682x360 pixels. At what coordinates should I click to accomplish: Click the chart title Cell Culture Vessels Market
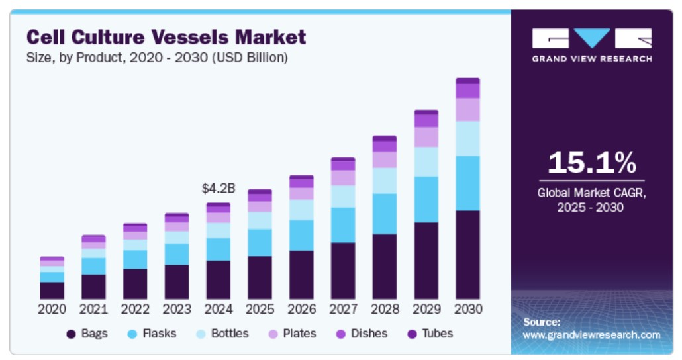point(166,36)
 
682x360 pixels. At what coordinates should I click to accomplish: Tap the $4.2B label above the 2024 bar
point(219,189)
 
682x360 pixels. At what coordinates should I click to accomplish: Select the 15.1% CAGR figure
point(591,163)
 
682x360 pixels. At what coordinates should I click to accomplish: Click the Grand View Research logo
point(591,45)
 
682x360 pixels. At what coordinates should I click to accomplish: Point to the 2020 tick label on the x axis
point(52,310)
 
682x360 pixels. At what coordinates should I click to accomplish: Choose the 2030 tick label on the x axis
point(467,310)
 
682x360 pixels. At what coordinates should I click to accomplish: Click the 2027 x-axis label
point(343,310)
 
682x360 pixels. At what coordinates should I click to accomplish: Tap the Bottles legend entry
point(222,334)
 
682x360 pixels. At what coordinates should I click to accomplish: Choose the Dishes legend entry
point(362,334)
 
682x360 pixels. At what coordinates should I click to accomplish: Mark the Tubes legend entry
point(430,334)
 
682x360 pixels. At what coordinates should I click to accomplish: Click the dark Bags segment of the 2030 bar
point(467,255)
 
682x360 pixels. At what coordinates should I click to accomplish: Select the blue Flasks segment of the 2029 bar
point(426,199)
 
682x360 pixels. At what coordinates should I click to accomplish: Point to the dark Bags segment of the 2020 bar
point(52,291)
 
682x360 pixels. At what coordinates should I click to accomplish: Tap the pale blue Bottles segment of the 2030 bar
point(467,138)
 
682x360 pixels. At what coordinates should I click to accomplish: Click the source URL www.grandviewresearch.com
point(591,335)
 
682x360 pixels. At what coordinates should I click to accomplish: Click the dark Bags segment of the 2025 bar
point(260,277)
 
